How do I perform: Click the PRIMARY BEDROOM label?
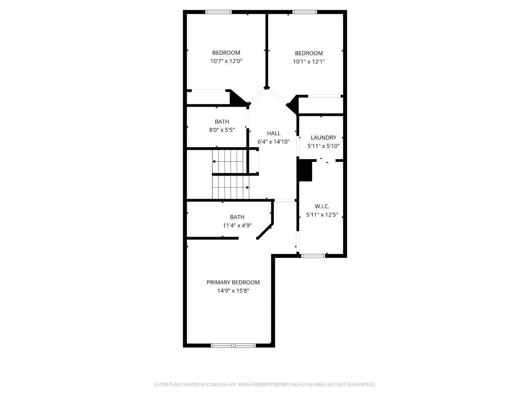tap(233, 282)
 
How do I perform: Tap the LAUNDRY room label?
tap(323, 138)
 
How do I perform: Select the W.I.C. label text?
tap(322, 206)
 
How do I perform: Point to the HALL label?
tap(273, 133)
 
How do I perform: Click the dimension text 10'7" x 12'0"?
tap(226, 61)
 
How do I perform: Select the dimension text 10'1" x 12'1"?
tap(309, 61)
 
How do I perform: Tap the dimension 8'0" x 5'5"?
tap(222, 130)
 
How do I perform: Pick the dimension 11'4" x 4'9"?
tap(237, 225)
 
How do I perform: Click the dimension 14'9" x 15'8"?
tap(233, 291)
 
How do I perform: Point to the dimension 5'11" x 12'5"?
tap(322, 215)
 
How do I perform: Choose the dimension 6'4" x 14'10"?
tap(273, 142)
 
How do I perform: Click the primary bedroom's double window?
tap(233, 345)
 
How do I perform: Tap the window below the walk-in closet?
tap(313, 256)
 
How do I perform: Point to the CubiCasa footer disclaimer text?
tap(265, 384)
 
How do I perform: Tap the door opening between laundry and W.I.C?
tap(326, 161)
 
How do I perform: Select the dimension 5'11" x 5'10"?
tap(323, 146)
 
